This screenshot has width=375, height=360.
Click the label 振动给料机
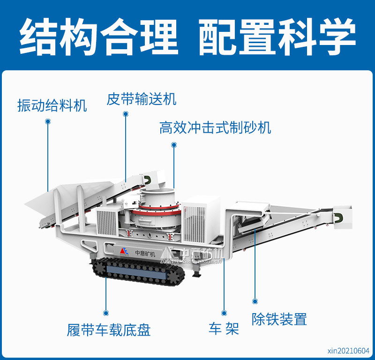pyautogui.click(x=52, y=105)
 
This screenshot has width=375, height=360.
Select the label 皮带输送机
pyautogui.click(x=141, y=99)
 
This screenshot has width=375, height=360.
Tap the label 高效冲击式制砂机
pyautogui.click(x=215, y=127)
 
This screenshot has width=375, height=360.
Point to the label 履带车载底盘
pyautogui.click(x=109, y=329)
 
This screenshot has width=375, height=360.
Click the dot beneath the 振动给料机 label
pyautogui.click(x=48, y=121)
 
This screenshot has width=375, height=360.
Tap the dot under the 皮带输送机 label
pyautogui.click(x=126, y=114)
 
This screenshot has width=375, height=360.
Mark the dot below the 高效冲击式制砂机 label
pyautogui.click(x=174, y=145)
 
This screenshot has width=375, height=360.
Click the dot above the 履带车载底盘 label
pyautogui.click(x=106, y=313)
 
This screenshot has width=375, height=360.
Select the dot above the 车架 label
pyautogui.click(x=224, y=313)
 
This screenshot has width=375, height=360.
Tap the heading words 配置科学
pyautogui.click(x=277, y=37)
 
